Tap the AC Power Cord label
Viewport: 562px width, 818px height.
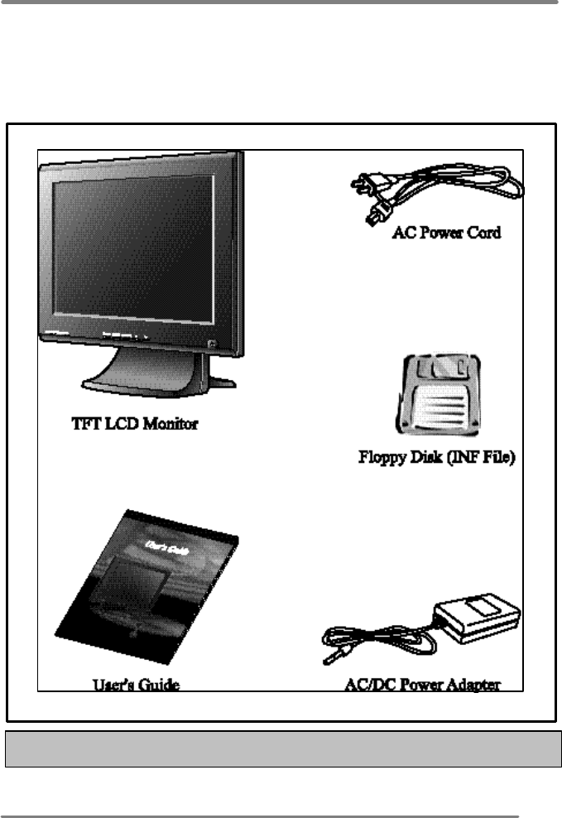446,233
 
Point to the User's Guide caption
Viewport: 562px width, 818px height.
136,685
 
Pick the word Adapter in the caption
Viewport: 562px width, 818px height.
475,685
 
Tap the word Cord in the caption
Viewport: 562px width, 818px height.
483,233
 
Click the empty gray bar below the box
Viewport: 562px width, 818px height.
281,749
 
